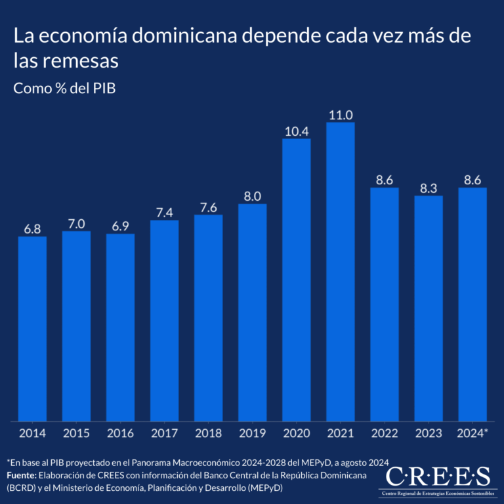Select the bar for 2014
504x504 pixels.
click(32, 328)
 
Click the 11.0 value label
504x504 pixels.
click(340, 114)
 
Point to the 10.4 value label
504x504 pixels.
click(296, 131)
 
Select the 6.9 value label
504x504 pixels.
click(120, 226)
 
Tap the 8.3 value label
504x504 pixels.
click(428, 188)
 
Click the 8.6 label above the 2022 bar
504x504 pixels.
click(384, 180)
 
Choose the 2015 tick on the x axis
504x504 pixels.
click(76, 433)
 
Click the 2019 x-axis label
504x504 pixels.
click(252, 433)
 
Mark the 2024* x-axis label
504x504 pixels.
click(472, 433)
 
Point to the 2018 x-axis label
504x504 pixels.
click(208, 433)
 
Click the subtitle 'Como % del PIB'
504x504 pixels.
click(64, 88)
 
